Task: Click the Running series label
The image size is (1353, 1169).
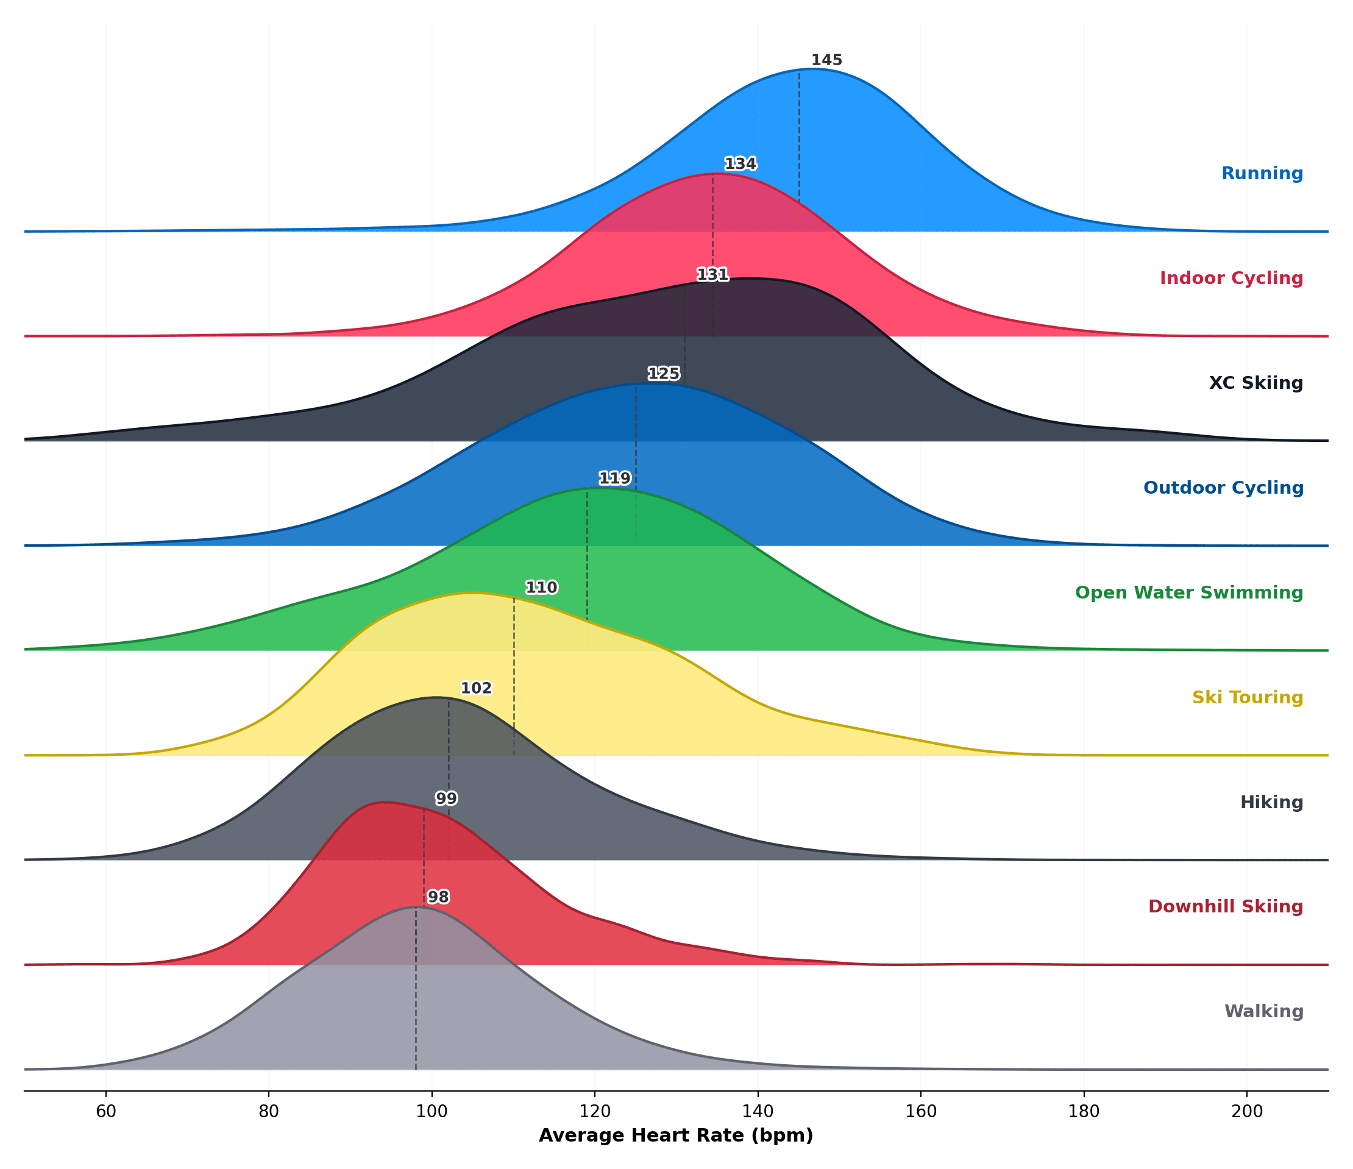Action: pyautogui.click(x=1262, y=174)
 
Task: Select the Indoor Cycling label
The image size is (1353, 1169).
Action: pyautogui.click(x=1231, y=278)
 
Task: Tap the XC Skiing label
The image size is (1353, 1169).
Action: pyautogui.click(x=1255, y=383)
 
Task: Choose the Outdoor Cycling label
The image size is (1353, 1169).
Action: pyautogui.click(x=1223, y=488)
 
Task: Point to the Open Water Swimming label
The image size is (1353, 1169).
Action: pyautogui.click(x=1188, y=593)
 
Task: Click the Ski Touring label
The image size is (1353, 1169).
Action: pyautogui.click(x=1247, y=697)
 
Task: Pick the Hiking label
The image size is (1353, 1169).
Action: pyautogui.click(x=1271, y=803)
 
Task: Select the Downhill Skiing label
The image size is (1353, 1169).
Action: pyautogui.click(x=1225, y=906)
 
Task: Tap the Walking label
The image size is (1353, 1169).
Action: pyautogui.click(x=1263, y=1012)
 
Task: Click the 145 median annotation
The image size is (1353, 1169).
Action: pyautogui.click(x=826, y=60)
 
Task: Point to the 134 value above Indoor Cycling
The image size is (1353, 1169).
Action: pyautogui.click(x=740, y=164)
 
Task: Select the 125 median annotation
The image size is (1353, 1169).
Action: pyautogui.click(x=664, y=374)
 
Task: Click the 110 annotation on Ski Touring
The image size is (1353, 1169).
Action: pyautogui.click(x=541, y=588)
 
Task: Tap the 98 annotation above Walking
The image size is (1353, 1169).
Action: pyautogui.click(x=438, y=897)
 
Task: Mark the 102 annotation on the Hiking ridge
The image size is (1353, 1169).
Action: pyautogui.click(x=476, y=688)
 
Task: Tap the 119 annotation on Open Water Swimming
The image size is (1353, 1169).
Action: pyautogui.click(x=614, y=478)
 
